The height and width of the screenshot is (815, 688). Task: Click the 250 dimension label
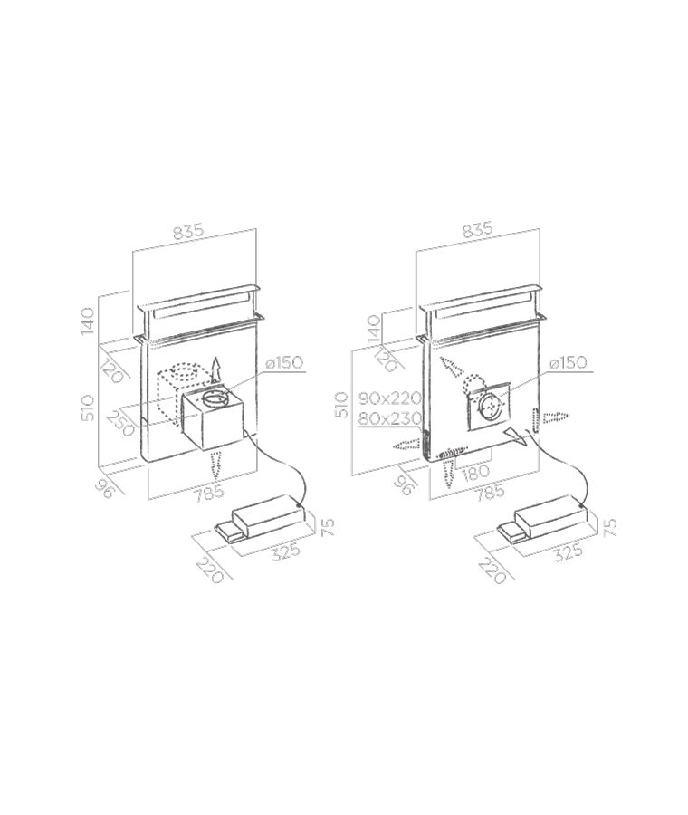(120, 423)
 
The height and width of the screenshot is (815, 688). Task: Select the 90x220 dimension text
(388, 399)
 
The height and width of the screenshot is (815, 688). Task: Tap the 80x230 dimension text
(388, 418)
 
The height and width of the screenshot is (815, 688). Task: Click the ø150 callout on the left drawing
(283, 363)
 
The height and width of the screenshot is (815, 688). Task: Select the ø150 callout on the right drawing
(568, 363)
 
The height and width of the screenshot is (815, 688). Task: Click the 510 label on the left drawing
(89, 408)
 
